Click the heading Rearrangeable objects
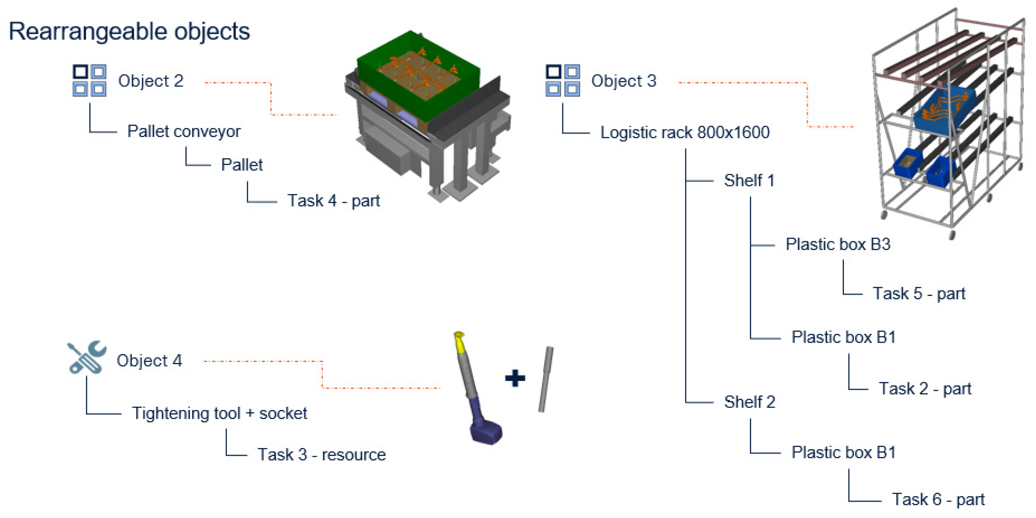pyautogui.click(x=129, y=31)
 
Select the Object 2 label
pyautogui.click(x=150, y=81)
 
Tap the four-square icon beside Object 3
pyautogui.click(x=562, y=81)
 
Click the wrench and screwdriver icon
pyautogui.click(x=86, y=357)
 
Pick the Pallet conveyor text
pyautogui.click(x=184, y=132)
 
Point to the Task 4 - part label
pyautogui.click(x=333, y=200)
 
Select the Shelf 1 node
pyautogui.click(x=749, y=180)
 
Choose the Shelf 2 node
pyautogui.click(x=749, y=402)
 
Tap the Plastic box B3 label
pyautogui.click(x=838, y=244)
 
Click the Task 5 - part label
pyautogui.click(x=919, y=293)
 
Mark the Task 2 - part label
pyautogui.click(x=925, y=389)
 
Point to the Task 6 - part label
pyautogui.click(x=938, y=499)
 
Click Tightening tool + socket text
pyautogui.click(x=219, y=413)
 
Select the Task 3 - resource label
pyautogui.click(x=321, y=455)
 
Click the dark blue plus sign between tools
pyautogui.click(x=515, y=378)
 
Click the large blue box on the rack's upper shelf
pyautogui.click(x=945, y=109)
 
